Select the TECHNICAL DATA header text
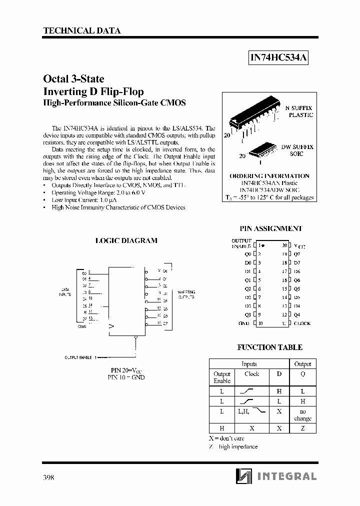82,31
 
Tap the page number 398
49,477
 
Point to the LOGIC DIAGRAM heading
126,240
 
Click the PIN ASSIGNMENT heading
270,228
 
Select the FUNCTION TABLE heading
269,347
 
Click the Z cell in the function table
302,428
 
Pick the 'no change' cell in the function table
302,414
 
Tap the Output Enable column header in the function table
222,377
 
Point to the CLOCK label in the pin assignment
302,323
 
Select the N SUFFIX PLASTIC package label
299,111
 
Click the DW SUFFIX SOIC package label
297,150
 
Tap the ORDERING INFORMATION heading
269,176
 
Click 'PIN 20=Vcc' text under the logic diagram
126,370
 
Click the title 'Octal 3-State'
73,79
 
